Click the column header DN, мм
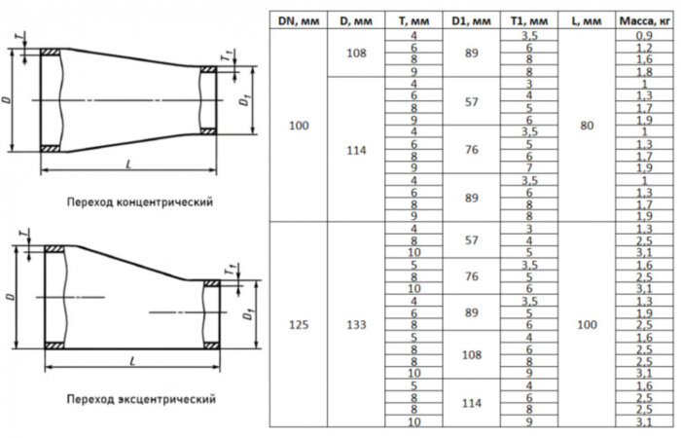tap(298, 19)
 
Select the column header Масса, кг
tap(635, 19)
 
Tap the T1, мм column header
tap(529, 19)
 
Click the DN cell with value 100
tap(298, 126)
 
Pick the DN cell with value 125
tap(298, 325)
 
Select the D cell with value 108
tap(355, 54)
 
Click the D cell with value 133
tap(355, 325)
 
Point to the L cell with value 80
tap(586, 126)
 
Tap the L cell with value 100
tap(586, 325)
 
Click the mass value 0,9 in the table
tap(635, 36)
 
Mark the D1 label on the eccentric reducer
tap(249, 315)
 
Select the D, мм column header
tap(355, 19)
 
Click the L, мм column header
tap(586, 19)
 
